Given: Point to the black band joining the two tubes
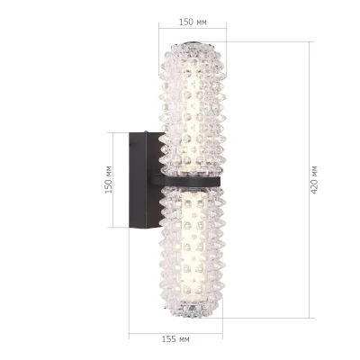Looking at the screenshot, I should click(x=191, y=180).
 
